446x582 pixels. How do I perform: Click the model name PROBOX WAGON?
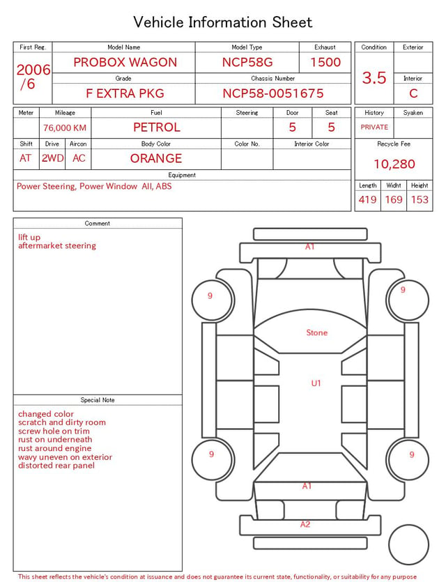click(125, 62)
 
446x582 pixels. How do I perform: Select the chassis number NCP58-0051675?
click(273, 93)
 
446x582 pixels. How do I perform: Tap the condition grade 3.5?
click(374, 77)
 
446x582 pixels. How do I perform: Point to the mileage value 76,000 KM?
click(65, 128)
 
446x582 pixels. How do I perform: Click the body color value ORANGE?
click(156, 158)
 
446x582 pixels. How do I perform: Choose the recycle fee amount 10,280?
click(394, 164)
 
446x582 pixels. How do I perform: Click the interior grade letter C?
click(413, 93)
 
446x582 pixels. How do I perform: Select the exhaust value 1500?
click(325, 62)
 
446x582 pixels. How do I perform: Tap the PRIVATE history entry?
click(374, 127)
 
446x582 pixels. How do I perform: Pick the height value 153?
click(420, 199)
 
